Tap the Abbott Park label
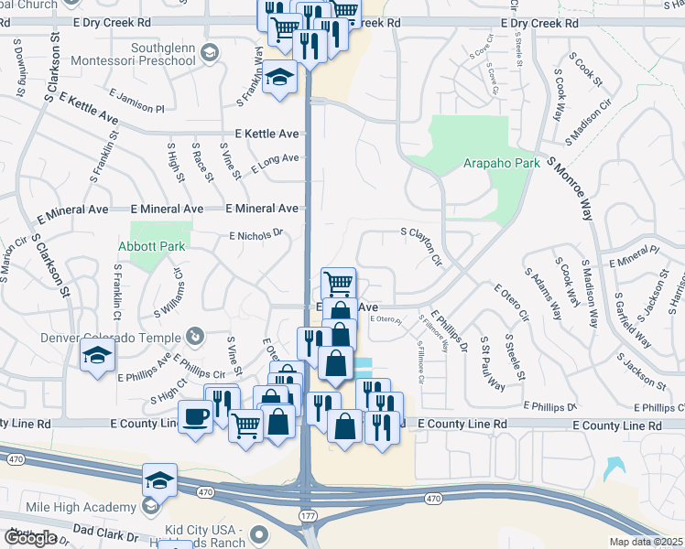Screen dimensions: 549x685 [x=151, y=246]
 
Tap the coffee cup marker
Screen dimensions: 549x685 [x=196, y=417]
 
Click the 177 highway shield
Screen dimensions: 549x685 [x=308, y=518]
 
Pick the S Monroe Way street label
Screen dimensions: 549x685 [x=570, y=188]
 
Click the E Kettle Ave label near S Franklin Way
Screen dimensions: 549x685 [x=266, y=134]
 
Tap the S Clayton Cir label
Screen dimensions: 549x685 [x=421, y=246]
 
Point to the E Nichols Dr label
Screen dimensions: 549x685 [x=256, y=235]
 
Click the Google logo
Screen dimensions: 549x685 [x=29, y=538]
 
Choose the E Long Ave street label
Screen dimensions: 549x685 [x=275, y=161]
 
